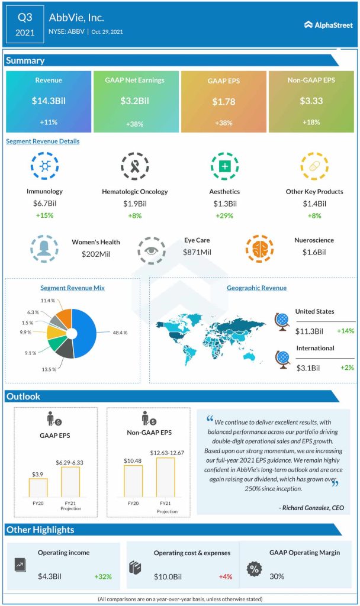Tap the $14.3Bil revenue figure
click(x=49, y=101)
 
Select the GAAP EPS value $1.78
click(x=224, y=102)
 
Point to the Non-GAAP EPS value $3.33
click(x=311, y=101)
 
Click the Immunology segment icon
click(x=44, y=167)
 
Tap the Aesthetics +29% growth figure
click(x=224, y=215)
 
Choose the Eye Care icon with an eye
click(x=152, y=251)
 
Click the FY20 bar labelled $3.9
click(x=38, y=486)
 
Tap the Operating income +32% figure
click(x=102, y=576)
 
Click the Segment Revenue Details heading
click(x=43, y=141)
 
